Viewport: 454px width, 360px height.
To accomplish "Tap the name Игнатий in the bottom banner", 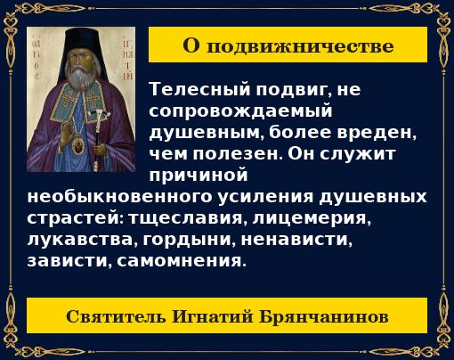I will click(209, 316).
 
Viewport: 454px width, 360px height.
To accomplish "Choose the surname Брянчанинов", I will click(324, 316).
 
